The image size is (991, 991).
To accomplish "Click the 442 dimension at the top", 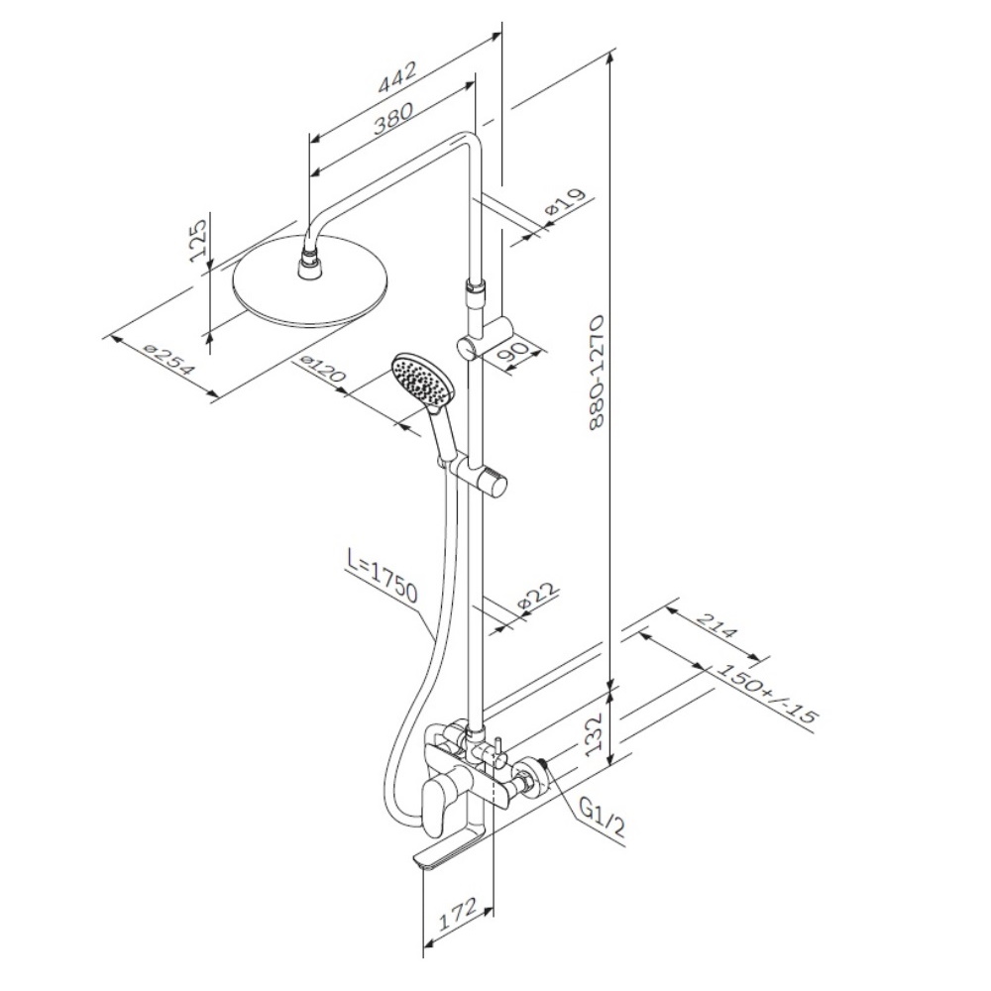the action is tap(398, 77).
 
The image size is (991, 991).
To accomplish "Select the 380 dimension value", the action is tap(392, 118).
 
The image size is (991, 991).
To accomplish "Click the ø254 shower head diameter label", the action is tap(168, 359).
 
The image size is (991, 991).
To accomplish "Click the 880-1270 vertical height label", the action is tap(598, 373).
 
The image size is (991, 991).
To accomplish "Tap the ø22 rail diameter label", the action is tap(539, 596).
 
